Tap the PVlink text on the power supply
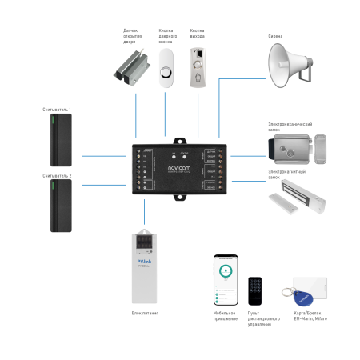click(145, 262)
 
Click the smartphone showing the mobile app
click(226, 280)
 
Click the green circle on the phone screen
click(226, 271)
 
